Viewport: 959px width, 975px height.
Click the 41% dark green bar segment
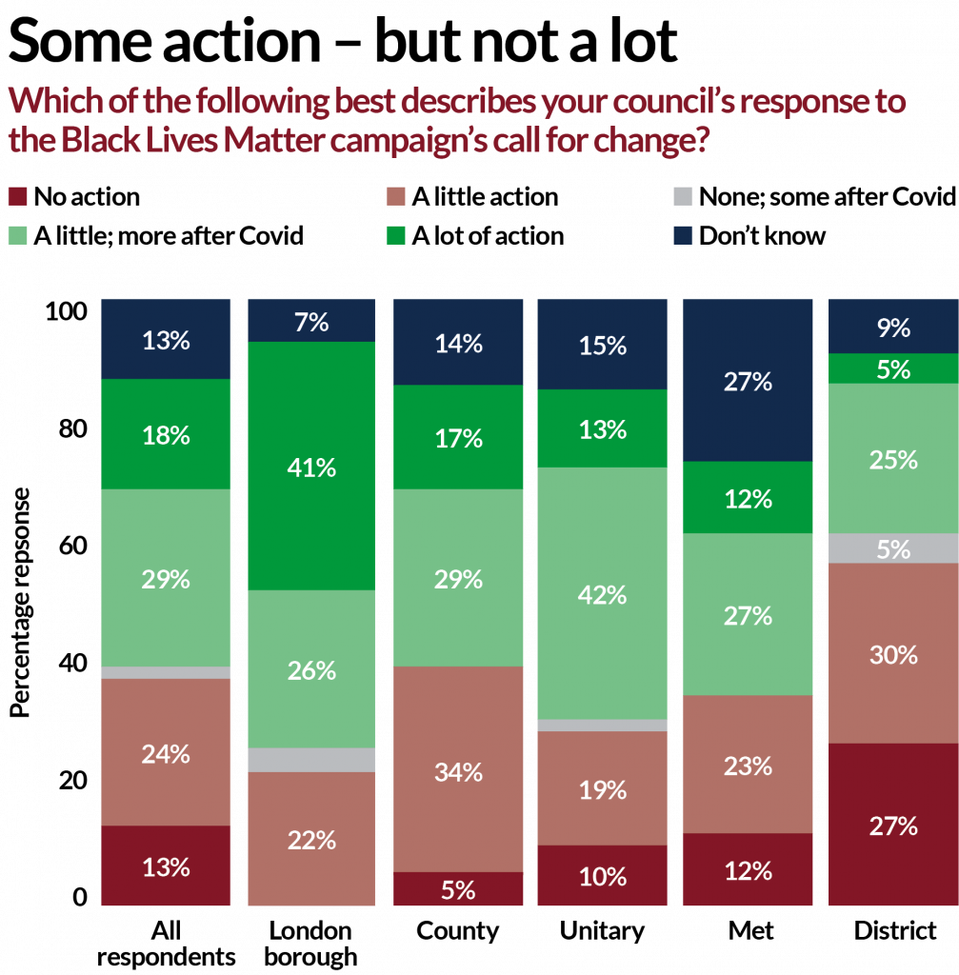click(311, 466)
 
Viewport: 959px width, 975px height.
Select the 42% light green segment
click(603, 592)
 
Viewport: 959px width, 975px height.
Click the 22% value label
click(311, 841)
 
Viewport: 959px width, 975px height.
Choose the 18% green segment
click(166, 434)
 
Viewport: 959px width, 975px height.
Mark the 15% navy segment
click(603, 344)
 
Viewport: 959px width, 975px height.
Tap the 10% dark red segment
click(603, 875)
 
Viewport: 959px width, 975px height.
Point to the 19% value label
click(603, 790)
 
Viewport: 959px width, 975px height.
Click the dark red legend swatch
click(17, 197)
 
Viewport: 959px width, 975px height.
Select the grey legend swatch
click(683, 197)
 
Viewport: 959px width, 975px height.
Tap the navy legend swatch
click(683, 234)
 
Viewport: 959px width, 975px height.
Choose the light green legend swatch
click(17, 234)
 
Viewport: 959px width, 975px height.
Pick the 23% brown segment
click(749, 765)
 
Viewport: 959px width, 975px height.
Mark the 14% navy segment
click(458, 342)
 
